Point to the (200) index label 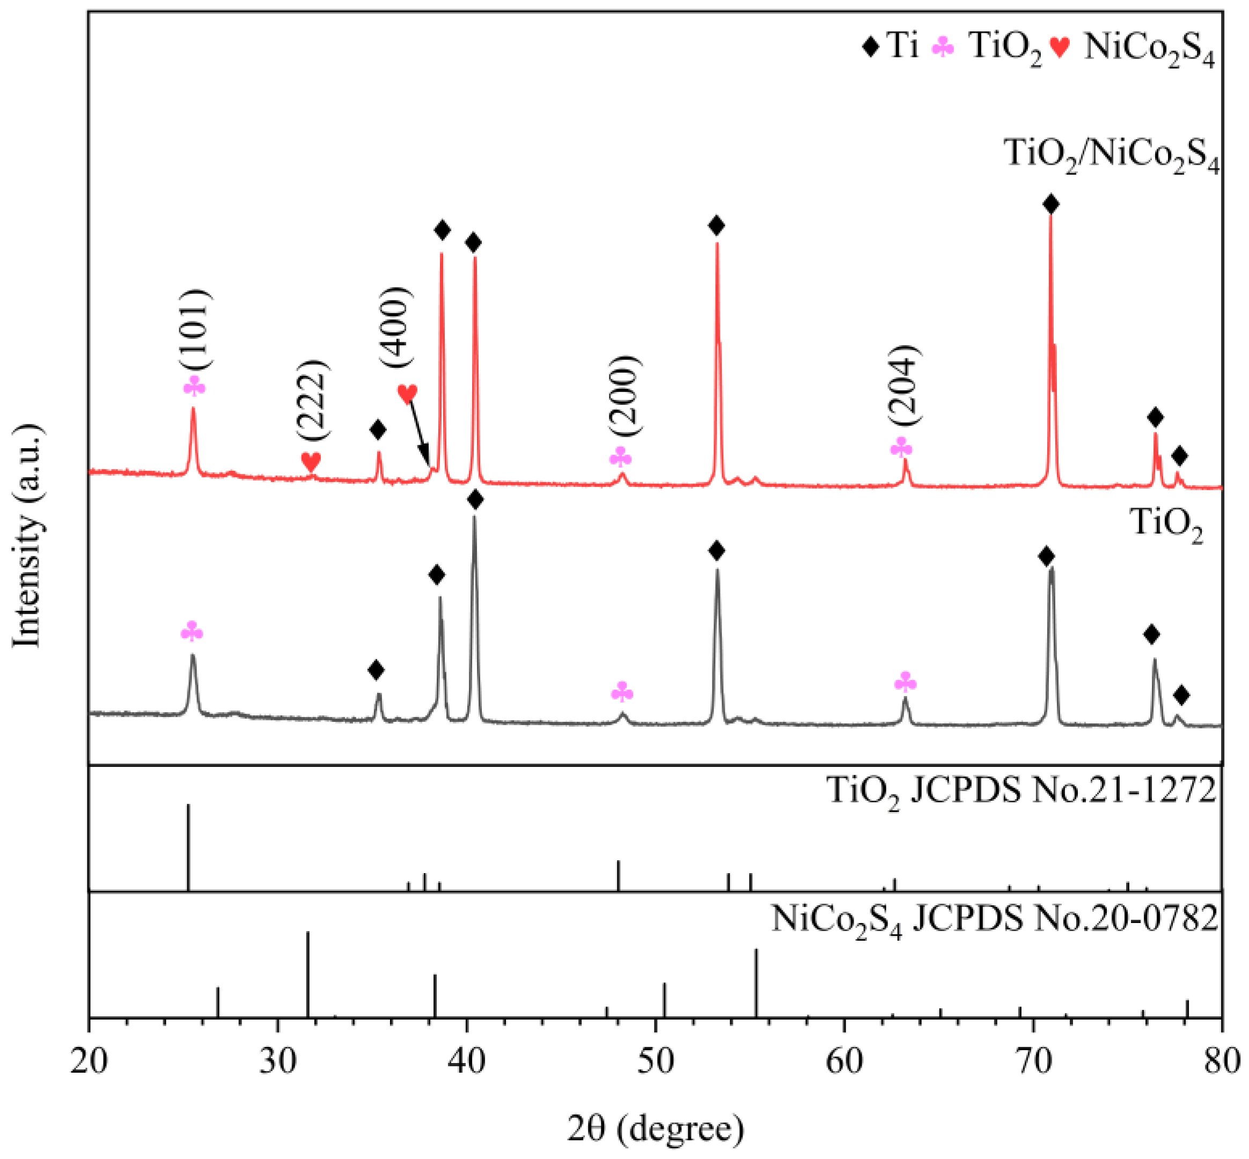pyautogui.click(x=624, y=395)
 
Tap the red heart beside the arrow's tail pyautogui.click(x=407, y=393)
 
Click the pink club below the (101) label pyautogui.click(x=194, y=387)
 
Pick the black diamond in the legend pyautogui.click(x=870, y=47)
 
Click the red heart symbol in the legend pyautogui.click(x=1060, y=48)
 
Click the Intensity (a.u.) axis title pyautogui.click(x=28, y=537)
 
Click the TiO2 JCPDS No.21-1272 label pyautogui.click(x=1022, y=792)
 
